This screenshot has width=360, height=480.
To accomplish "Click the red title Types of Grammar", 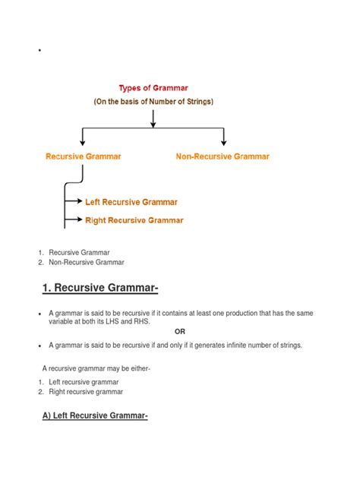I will pyautogui.click(x=153, y=87).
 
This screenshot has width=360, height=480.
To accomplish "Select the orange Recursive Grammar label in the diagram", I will pyautogui.click(x=83, y=156).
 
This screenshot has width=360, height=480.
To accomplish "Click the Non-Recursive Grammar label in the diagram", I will pyautogui.click(x=223, y=156).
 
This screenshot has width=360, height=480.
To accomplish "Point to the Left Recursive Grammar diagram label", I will pyautogui.click(x=131, y=202).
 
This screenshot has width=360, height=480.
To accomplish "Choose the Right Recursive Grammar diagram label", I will pyautogui.click(x=134, y=220).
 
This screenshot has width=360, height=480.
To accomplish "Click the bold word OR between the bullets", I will pyautogui.click(x=180, y=332).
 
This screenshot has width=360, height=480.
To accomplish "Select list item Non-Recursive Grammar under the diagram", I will pyautogui.click(x=87, y=262).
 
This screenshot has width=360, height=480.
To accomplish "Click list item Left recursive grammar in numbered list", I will pyautogui.click(x=84, y=382).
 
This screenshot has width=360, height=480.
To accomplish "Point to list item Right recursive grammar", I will pyautogui.click(x=86, y=392).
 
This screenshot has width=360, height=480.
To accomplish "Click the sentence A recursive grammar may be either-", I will pyautogui.click(x=96, y=368).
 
